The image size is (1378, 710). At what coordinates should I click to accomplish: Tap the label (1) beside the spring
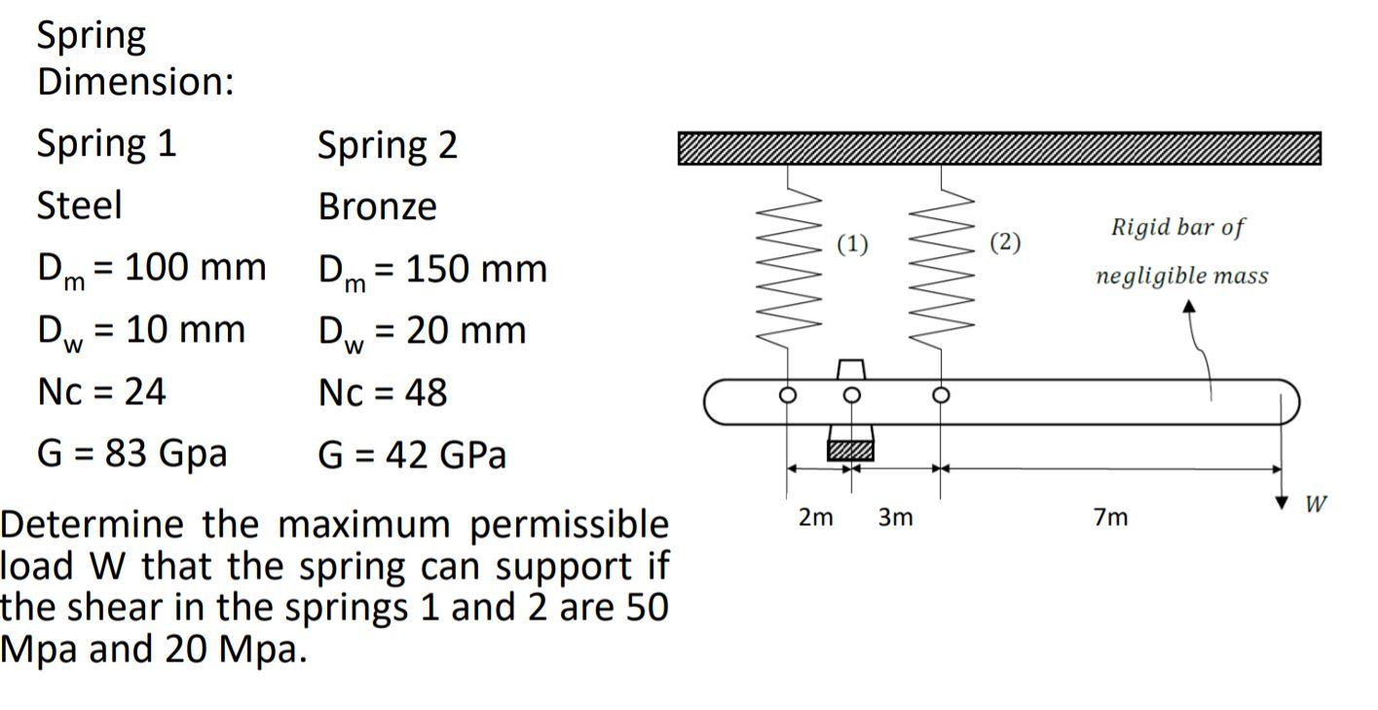[852, 243]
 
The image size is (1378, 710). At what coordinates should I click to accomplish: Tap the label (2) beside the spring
[1005, 243]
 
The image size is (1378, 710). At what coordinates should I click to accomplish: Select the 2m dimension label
[816, 518]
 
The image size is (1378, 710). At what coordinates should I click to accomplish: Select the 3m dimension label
[895, 518]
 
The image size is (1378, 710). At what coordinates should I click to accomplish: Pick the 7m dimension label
[1110, 518]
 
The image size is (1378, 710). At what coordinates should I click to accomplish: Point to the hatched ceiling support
[999, 148]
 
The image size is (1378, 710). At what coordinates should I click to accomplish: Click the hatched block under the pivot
[851, 450]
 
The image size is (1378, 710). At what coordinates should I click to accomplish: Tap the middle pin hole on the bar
[852, 395]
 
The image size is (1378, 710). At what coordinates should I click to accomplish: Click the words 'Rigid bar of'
[1178, 228]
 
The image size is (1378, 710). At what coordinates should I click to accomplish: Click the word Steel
[80, 206]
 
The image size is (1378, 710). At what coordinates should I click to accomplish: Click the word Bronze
[378, 206]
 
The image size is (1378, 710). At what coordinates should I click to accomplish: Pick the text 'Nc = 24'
[101, 392]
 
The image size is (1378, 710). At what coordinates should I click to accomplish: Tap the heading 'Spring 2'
[388, 145]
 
